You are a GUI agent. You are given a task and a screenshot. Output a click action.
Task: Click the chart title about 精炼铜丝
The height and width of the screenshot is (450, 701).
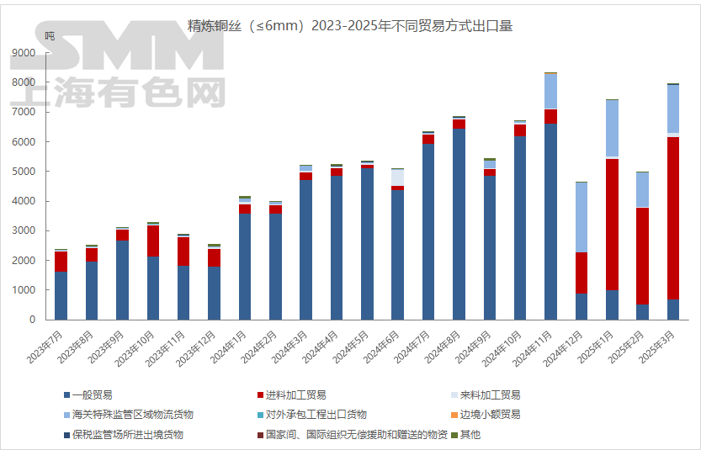click(x=350, y=26)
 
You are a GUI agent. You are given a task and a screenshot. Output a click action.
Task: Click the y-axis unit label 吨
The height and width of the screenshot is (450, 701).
click(x=50, y=36)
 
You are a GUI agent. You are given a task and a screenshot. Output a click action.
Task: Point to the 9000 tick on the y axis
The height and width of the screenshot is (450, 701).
click(x=24, y=53)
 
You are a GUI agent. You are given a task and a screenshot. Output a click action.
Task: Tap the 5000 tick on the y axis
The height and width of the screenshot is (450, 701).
click(x=24, y=172)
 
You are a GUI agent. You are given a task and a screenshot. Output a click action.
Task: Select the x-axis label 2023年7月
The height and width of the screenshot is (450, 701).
click(x=46, y=345)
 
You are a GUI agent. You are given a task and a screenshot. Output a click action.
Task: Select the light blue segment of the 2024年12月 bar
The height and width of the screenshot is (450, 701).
click(x=582, y=217)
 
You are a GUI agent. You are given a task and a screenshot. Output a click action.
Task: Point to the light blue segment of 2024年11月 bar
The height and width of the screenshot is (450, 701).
click(x=550, y=91)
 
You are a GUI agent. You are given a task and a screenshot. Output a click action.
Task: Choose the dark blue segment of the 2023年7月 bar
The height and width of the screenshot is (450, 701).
click(x=61, y=295)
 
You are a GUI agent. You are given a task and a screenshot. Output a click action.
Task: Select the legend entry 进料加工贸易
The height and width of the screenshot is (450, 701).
click(x=295, y=394)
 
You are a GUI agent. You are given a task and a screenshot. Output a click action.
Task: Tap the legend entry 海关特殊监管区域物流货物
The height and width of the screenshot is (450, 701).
click(x=134, y=415)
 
